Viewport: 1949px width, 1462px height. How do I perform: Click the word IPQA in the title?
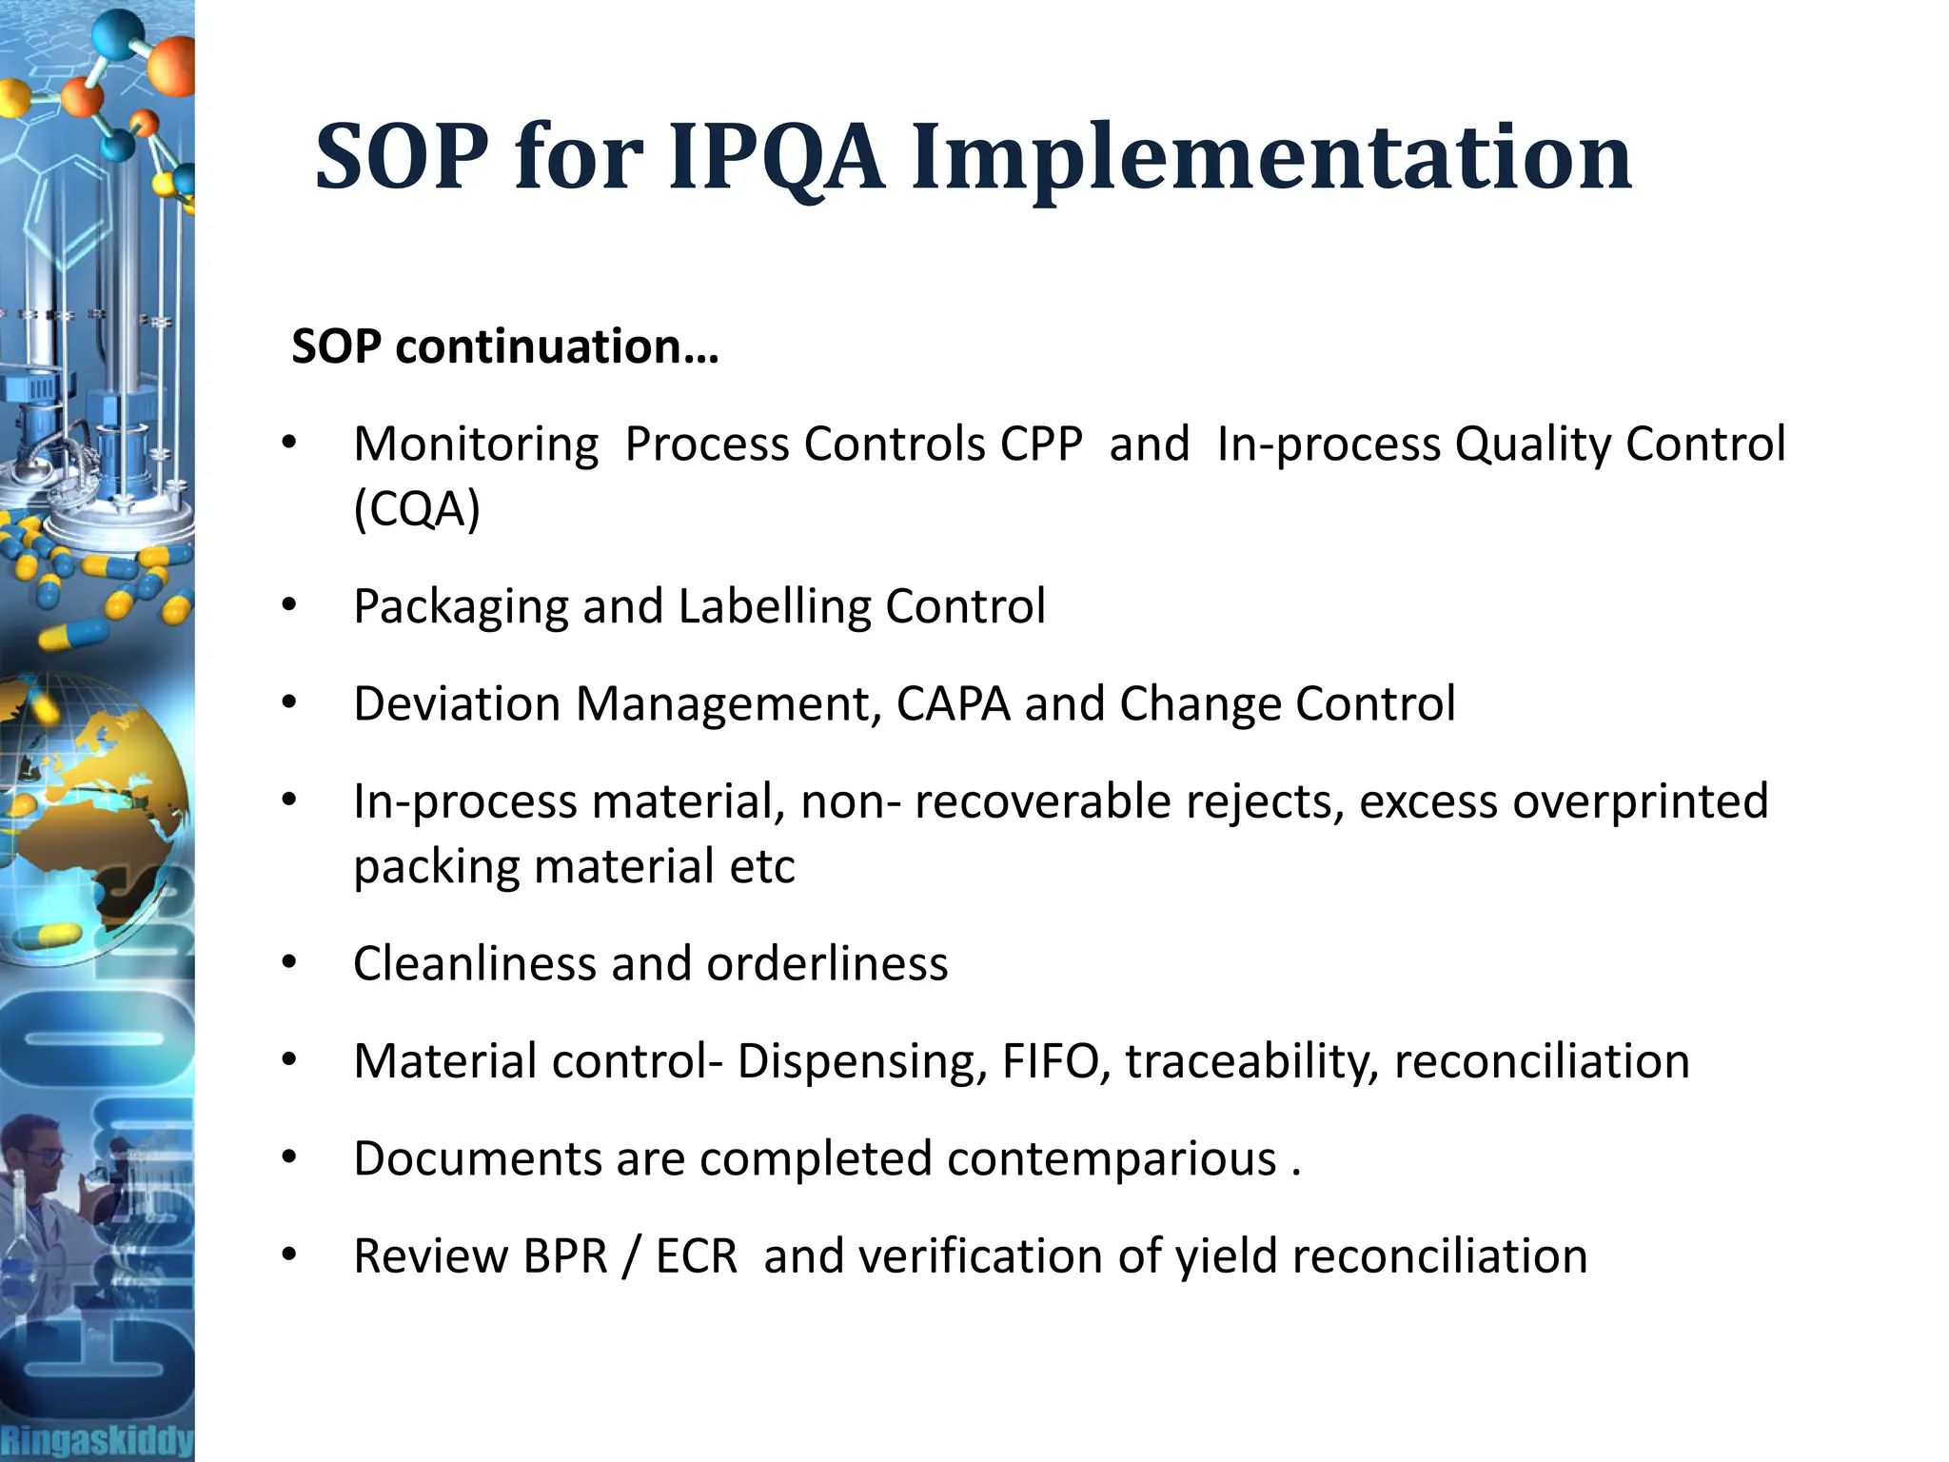(776, 157)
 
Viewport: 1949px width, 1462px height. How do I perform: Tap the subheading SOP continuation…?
(504, 346)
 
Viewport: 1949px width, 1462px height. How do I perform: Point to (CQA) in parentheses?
(417, 509)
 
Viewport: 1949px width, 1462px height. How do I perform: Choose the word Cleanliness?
(474, 963)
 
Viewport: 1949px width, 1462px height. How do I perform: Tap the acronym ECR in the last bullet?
(696, 1256)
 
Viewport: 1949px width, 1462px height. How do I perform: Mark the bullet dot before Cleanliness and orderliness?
(289, 962)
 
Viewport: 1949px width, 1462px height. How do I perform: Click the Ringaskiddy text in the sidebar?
(96, 1439)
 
